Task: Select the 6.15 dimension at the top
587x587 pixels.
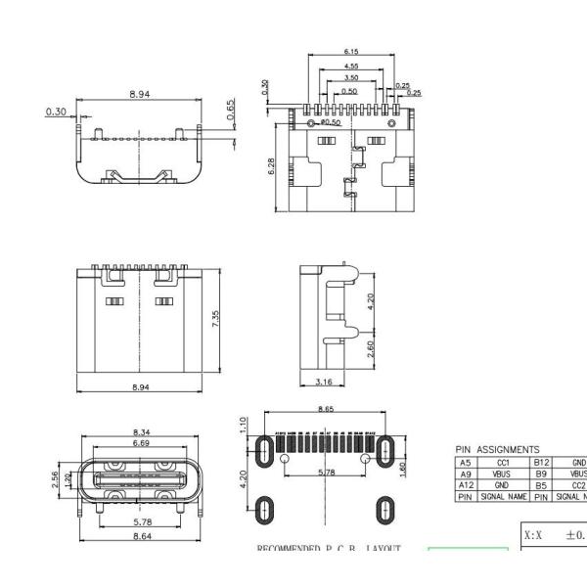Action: (350, 51)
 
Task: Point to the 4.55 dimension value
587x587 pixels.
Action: (350, 66)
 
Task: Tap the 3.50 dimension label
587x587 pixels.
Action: (350, 77)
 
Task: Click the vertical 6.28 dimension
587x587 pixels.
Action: (271, 166)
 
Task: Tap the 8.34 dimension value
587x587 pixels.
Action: (142, 432)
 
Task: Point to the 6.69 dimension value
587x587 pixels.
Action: (142, 443)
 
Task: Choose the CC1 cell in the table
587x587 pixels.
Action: (503, 462)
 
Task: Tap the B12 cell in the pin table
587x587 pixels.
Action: (542, 462)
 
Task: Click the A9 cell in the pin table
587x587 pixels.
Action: (466, 474)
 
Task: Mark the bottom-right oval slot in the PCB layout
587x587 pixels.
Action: (386, 509)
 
